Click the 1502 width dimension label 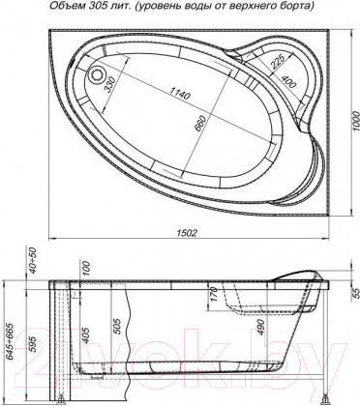click(187, 233)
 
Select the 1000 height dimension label click(355, 121)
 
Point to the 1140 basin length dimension click(181, 93)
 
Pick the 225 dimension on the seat click(277, 62)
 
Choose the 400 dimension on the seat click(288, 81)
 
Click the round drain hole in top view click(96, 74)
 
